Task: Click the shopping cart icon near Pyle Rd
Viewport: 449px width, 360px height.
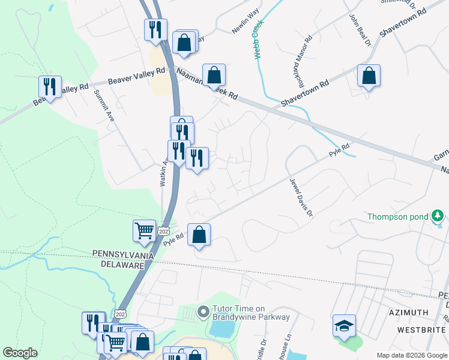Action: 145,230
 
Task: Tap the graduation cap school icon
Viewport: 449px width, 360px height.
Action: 344,325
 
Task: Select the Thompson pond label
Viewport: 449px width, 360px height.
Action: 397,217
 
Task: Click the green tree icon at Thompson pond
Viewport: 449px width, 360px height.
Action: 438,215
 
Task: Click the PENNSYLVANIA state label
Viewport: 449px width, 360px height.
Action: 122,254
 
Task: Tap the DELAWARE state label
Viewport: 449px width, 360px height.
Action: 122,264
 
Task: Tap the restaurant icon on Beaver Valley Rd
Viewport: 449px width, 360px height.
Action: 50,86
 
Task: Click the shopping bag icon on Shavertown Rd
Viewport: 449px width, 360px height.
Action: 369,76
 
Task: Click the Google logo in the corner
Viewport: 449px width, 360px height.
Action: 19,353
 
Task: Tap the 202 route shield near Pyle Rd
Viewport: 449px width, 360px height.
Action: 163,231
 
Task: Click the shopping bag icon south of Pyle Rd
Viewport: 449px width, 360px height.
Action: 199,235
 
